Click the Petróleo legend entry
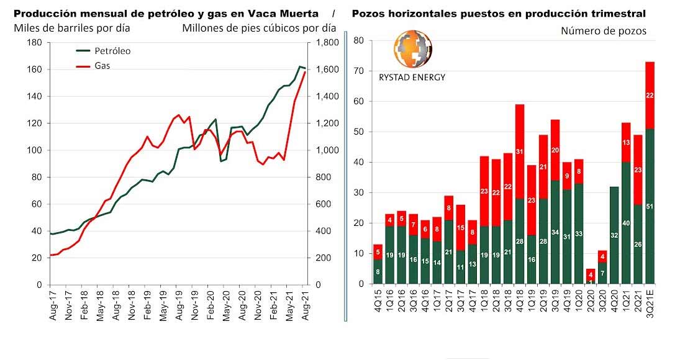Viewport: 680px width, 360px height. [x=112, y=52]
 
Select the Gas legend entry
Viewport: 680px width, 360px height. [x=102, y=65]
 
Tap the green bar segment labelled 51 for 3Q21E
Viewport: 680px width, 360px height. [x=650, y=206]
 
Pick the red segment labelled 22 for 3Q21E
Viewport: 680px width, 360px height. [x=650, y=95]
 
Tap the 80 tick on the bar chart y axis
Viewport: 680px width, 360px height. [x=358, y=40]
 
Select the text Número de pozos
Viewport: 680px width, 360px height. [x=603, y=30]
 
